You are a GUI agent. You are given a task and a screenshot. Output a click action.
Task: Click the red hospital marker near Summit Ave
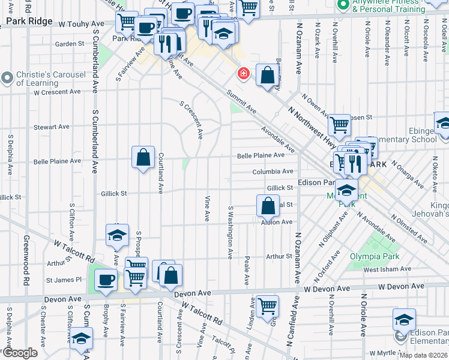tap(243, 73)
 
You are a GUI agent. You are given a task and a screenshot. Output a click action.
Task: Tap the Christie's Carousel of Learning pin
tap(7, 78)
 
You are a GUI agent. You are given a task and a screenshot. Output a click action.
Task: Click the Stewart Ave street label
tap(53, 127)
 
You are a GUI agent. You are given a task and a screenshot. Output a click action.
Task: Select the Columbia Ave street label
tap(273, 172)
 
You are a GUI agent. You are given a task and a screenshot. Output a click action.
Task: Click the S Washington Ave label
tap(230, 233)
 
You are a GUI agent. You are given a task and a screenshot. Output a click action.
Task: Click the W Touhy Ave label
tap(81, 24)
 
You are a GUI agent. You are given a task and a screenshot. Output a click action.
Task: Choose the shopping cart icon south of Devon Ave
tap(267, 306)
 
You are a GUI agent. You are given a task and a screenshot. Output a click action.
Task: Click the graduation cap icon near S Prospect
tap(117, 236)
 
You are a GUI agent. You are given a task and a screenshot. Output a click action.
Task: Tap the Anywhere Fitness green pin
tap(343, 5)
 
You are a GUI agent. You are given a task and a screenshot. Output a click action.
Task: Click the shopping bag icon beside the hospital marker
tap(268, 75)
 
